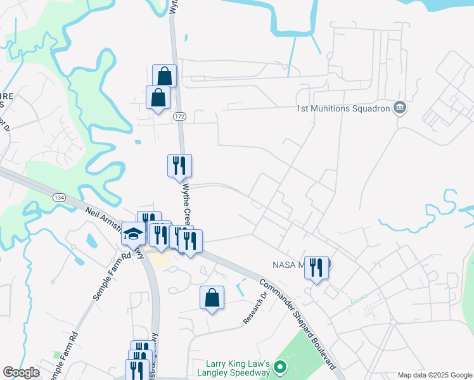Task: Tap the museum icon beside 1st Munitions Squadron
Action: (x=399, y=108)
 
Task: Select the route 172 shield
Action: (x=181, y=117)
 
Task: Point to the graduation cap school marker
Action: (x=133, y=234)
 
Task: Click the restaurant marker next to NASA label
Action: (x=316, y=267)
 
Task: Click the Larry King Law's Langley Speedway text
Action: (x=238, y=368)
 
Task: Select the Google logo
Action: (x=22, y=372)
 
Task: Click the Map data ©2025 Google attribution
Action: (x=434, y=375)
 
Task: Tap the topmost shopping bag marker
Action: (x=165, y=76)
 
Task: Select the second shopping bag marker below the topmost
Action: (x=158, y=98)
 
